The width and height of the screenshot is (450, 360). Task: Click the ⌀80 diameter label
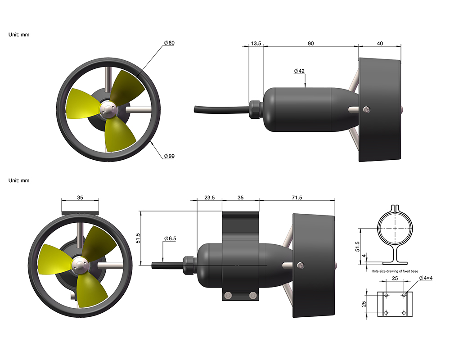click(x=169, y=43)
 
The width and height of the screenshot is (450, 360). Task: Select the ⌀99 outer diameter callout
click(x=169, y=156)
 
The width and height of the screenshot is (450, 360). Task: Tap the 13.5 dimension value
click(x=256, y=43)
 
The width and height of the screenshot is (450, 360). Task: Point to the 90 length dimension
click(x=310, y=43)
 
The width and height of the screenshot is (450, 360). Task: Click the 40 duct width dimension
click(x=379, y=43)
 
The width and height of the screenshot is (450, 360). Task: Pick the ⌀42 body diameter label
click(x=299, y=71)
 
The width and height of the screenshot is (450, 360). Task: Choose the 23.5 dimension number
click(x=210, y=198)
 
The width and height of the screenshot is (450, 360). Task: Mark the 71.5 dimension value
click(x=297, y=198)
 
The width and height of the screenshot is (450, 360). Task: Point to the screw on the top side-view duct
click(x=367, y=108)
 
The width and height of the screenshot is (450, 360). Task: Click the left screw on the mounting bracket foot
click(x=228, y=295)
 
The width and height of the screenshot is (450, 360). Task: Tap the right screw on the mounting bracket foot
click(x=253, y=295)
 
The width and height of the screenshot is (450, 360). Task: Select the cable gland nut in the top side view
click(x=255, y=108)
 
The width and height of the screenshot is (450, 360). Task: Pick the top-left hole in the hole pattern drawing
click(x=385, y=295)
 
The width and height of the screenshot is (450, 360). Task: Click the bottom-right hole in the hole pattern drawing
click(x=404, y=312)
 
